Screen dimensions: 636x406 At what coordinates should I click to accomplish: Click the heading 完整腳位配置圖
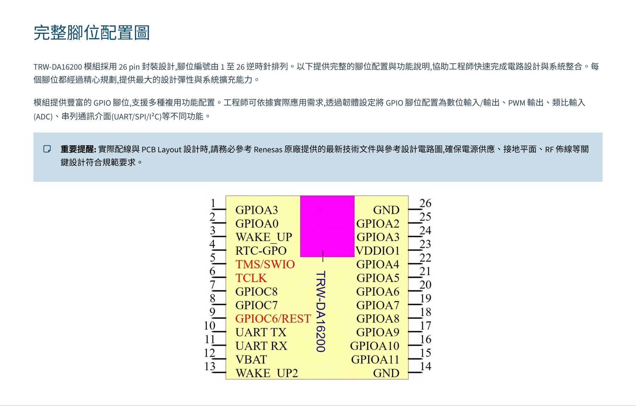[x=92, y=33]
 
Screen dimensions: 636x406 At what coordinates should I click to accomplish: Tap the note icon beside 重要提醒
[x=47, y=149]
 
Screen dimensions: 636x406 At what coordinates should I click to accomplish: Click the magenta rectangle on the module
[x=327, y=226]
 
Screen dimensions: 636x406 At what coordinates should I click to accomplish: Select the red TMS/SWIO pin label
[x=265, y=264]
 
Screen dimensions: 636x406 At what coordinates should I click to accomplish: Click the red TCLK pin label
[x=251, y=278]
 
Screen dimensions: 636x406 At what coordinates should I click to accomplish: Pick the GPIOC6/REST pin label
[x=273, y=319]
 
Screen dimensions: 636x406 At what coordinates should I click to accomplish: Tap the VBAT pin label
[x=251, y=360]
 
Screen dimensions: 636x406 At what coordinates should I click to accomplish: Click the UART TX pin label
[x=261, y=333]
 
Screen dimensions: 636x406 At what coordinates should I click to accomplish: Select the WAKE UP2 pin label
[x=267, y=373]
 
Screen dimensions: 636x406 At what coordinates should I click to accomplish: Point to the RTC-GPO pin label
[x=261, y=251]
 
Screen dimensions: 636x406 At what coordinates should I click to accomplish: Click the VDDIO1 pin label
[x=377, y=251]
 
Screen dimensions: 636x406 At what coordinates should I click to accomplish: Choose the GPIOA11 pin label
[x=375, y=360]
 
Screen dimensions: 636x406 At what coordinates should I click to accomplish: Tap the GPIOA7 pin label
[x=378, y=305]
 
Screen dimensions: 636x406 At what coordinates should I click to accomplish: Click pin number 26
[x=425, y=203]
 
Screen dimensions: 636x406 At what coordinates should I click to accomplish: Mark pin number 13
[x=210, y=366]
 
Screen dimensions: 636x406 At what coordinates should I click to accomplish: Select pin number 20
[x=425, y=285]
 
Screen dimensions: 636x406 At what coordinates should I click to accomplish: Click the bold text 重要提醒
[x=78, y=149]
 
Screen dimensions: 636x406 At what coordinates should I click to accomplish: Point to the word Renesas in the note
[x=268, y=149]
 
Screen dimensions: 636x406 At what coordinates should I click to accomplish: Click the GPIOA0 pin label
[x=257, y=224]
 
